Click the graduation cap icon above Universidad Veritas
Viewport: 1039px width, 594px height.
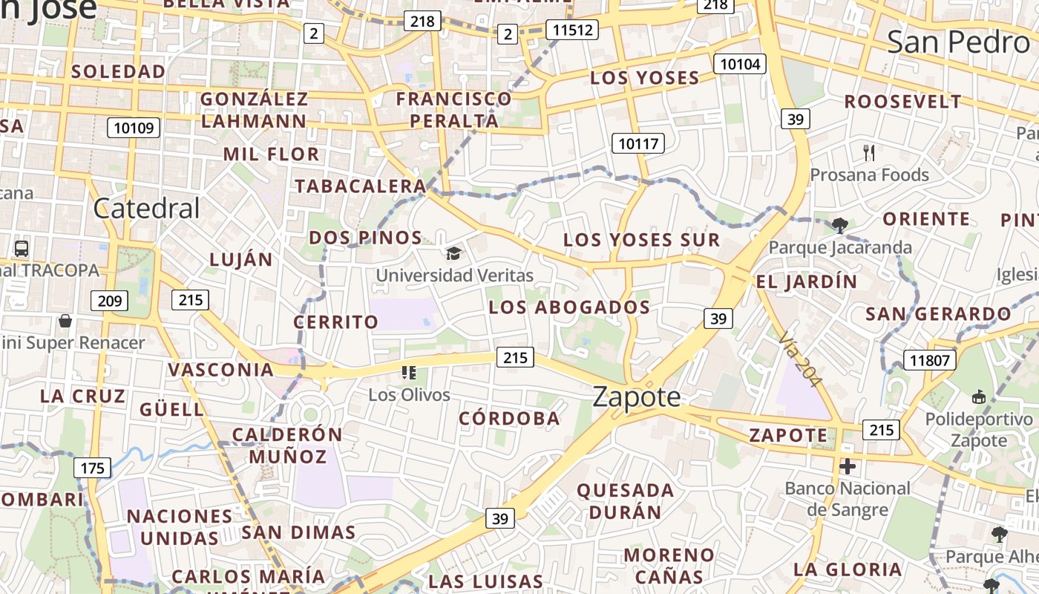[x=453, y=253]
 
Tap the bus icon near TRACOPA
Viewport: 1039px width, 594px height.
[x=22, y=249]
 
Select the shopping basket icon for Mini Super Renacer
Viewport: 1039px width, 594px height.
[x=65, y=321]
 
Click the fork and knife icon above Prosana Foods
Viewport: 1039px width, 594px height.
[x=870, y=153]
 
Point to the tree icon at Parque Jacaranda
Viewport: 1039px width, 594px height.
[x=840, y=225]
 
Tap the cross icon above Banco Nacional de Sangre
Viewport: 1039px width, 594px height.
[x=848, y=466]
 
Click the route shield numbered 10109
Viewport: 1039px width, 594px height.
[x=134, y=128]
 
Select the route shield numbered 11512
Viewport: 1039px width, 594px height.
[x=571, y=30]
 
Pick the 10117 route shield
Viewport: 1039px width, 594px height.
[x=638, y=143]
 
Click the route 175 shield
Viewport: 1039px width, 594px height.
[x=92, y=468]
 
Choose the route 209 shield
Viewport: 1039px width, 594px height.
[x=109, y=301]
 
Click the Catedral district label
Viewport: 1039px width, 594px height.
[x=147, y=209]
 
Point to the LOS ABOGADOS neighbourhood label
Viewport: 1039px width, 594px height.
[x=569, y=307]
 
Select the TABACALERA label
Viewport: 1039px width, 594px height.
[x=361, y=186]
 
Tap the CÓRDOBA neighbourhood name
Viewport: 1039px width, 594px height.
[x=509, y=418]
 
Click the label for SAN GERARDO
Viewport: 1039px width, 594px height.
[x=938, y=314]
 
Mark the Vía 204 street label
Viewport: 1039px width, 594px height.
[x=801, y=359]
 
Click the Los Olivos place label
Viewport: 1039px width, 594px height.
[x=410, y=394]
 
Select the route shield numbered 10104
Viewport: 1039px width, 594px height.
[x=740, y=64]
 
